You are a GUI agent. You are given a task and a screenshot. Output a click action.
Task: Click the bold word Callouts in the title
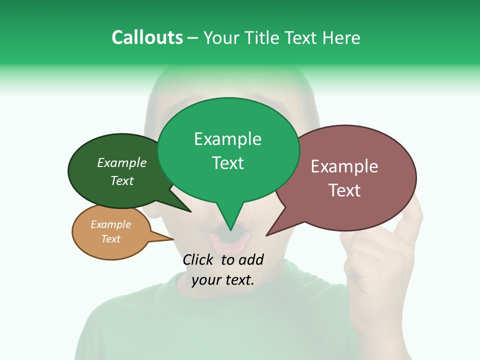tap(147, 38)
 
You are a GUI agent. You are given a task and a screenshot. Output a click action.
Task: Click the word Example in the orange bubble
tap(110, 224)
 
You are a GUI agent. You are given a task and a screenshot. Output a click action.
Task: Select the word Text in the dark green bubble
tap(122, 181)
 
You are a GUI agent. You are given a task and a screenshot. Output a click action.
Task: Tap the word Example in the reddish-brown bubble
tap(344, 166)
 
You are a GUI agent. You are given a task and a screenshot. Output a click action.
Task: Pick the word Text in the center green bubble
tap(228, 163)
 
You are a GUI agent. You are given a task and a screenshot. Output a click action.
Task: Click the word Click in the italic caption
tap(198, 259)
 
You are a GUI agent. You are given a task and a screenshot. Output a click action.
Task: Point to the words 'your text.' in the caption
tap(223, 280)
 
